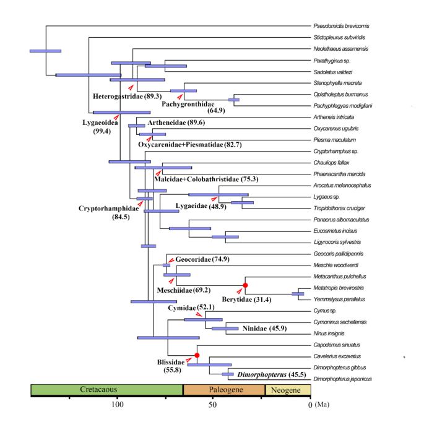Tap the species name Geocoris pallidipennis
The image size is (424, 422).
coord(339,254)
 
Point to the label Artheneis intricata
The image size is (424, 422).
coord(336,117)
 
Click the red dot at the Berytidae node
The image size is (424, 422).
coord(245,285)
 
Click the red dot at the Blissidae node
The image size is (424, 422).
coord(197,355)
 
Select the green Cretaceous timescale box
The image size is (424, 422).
coord(106,390)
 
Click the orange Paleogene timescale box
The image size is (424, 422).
coord(224,390)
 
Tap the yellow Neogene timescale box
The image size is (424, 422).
coord(288,390)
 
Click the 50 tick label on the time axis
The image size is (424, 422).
coord(212,405)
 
